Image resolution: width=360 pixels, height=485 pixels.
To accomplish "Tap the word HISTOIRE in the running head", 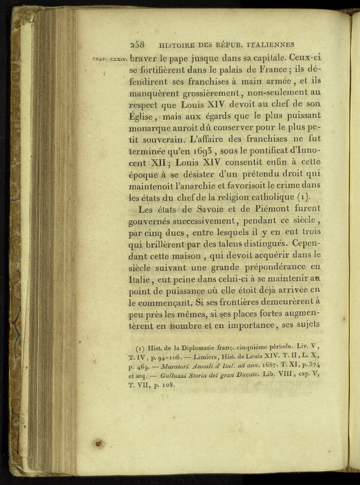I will point(177,45).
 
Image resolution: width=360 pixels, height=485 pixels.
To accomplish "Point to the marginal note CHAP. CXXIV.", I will point(109,60).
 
